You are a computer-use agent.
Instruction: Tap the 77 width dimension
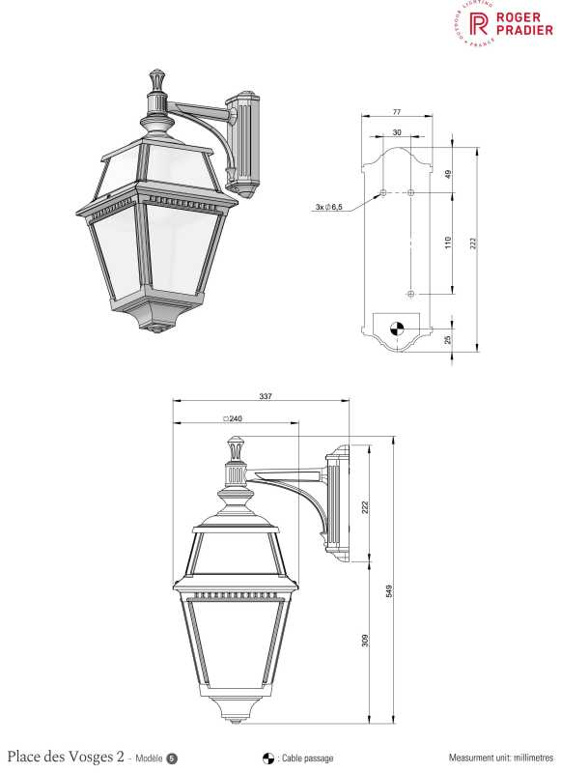pos(397,112)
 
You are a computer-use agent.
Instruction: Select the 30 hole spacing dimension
pos(397,132)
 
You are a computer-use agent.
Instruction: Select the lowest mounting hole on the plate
pos(411,293)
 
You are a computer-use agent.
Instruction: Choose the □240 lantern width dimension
pos(233,418)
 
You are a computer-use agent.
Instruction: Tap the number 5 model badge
pos(172,758)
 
